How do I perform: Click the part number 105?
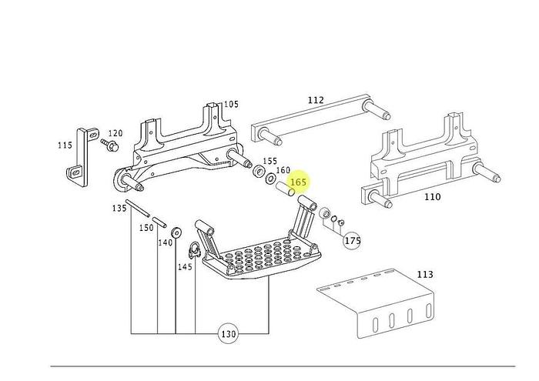(x=231, y=105)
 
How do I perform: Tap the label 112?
(x=316, y=100)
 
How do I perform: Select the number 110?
(x=433, y=196)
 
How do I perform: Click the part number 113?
(x=424, y=274)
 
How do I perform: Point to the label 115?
(x=65, y=145)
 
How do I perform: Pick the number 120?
(x=115, y=133)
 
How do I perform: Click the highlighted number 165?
(x=299, y=182)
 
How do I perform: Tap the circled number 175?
(x=352, y=241)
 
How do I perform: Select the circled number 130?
(x=228, y=334)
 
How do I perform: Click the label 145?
(x=185, y=267)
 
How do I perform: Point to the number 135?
(x=119, y=209)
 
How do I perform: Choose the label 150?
(x=146, y=228)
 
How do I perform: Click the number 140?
(x=166, y=242)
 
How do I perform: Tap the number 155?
(x=269, y=162)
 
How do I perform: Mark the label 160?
(x=283, y=170)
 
